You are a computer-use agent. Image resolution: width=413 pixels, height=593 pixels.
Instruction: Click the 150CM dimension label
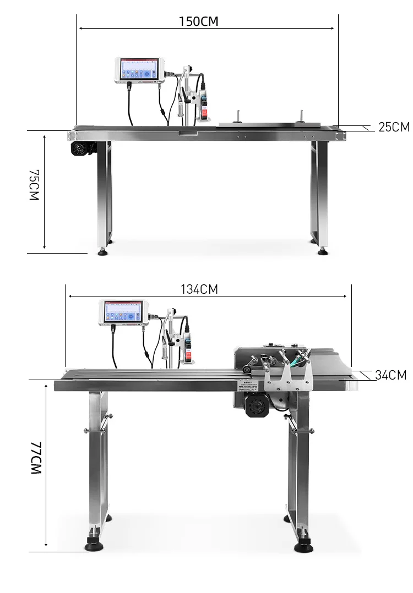(x=198, y=21)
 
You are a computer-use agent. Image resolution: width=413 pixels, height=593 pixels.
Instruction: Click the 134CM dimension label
(x=199, y=289)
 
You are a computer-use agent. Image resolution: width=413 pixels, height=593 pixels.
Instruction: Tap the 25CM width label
(x=394, y=127)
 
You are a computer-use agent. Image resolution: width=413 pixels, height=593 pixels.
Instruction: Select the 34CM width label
(x=390, y=375)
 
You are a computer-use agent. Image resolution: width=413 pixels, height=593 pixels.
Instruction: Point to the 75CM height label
(x=34, y=185)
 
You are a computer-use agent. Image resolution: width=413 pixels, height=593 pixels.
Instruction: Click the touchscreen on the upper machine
(x=137, y=69)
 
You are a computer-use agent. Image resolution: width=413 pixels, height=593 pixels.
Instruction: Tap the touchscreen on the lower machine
(x=122, y=312)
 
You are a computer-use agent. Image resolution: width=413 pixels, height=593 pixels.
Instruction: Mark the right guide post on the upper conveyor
(x=301, y=116)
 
